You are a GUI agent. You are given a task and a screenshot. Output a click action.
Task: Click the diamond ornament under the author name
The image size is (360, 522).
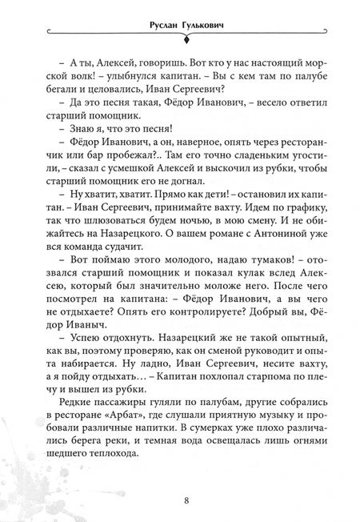click(x=180, y=36)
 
